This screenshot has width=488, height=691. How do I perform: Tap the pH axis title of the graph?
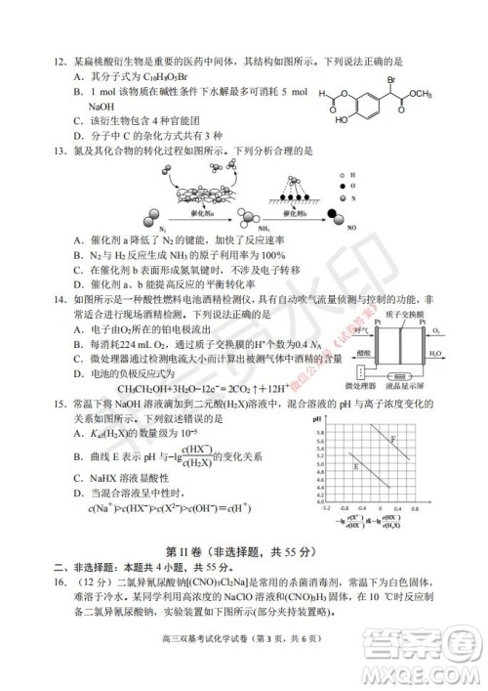(x=318, y=418)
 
